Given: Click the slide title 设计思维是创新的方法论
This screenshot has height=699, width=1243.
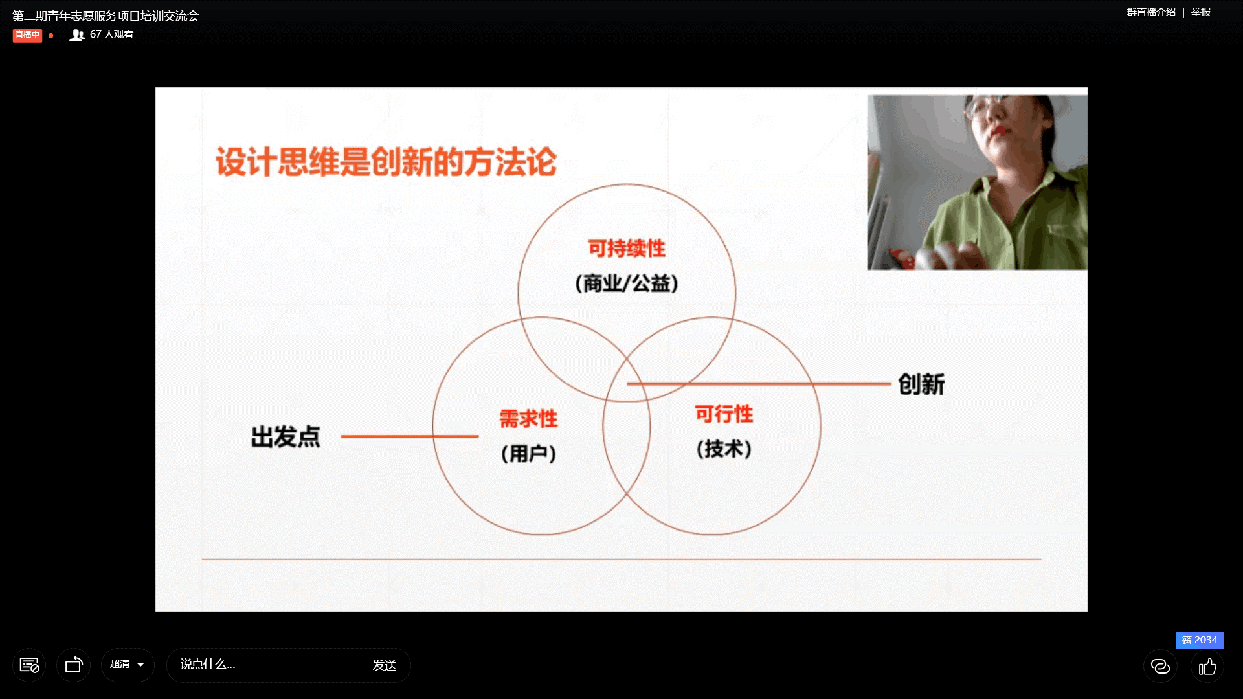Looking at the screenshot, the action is point(386,162).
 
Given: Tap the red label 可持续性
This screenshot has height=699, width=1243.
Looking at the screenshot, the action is point(627,249).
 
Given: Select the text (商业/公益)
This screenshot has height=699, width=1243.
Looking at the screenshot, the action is point(627,283).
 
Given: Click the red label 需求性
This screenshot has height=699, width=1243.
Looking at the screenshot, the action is point(528,419).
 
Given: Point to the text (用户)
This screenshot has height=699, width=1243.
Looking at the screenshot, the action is point(528,453).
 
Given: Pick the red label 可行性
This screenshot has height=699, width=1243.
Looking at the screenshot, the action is point(724,414).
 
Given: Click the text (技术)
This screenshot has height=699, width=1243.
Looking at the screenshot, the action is point(724,449).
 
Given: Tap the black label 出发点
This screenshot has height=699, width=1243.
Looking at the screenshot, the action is point(286,437).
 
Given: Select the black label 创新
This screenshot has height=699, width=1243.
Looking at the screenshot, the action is point(921,384).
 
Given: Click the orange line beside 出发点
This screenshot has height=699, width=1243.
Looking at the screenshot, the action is point(410,436).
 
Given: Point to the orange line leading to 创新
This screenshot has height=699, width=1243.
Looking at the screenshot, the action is point(759,384).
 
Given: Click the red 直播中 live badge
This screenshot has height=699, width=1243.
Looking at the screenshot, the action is point(27,35).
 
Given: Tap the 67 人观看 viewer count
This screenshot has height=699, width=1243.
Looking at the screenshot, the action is point(102,34).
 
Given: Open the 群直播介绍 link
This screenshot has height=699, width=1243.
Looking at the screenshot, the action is point(1151,12).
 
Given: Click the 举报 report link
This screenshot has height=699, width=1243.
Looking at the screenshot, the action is point(1201,12).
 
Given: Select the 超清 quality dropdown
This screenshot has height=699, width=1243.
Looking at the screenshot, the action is point(128,665).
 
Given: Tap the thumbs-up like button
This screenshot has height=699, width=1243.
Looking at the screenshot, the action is point(1207,666).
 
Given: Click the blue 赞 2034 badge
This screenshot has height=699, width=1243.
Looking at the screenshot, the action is point(1200,640).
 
